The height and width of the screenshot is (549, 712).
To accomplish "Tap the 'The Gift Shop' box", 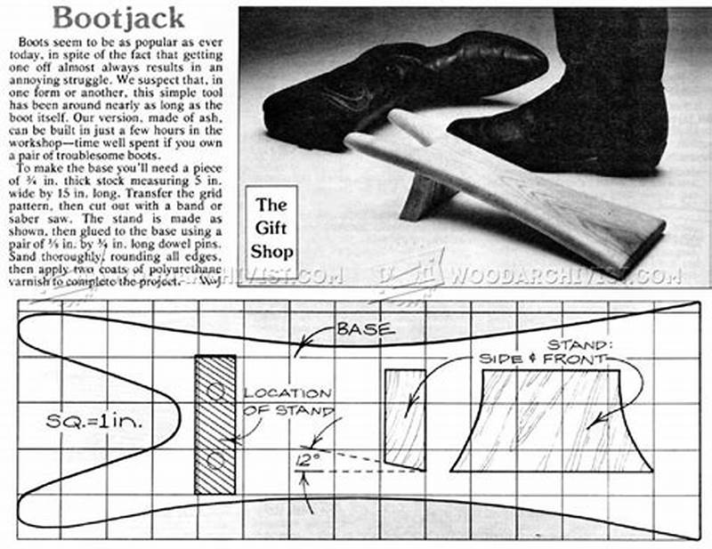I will (x=271, y=228).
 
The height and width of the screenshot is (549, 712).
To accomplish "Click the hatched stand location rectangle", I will (x=215, y=424).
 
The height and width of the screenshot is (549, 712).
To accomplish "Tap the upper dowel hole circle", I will (x=215, y=391).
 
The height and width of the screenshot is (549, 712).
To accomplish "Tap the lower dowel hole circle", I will (x=215, y=459).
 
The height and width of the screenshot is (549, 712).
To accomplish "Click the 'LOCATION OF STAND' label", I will (x=286, y=401).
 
